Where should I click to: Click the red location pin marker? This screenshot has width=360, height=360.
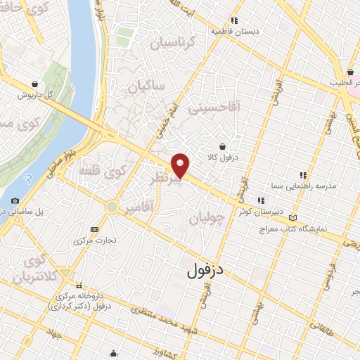[x=181, y=165]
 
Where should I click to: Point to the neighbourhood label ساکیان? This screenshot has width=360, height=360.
[x=146, y=86]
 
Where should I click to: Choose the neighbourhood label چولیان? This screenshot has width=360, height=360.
[x=209, y=218]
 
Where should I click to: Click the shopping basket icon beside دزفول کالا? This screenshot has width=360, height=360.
[x=223, y=146]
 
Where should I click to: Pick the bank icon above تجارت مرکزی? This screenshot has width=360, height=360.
[x=95, y=229]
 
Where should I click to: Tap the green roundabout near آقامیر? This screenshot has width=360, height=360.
[x=112, y=207]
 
